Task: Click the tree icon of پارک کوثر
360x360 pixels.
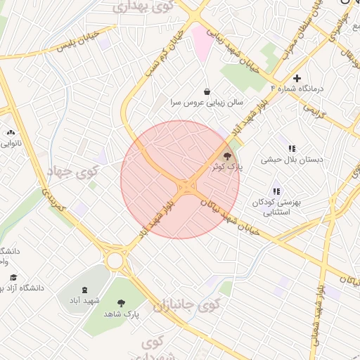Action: tap(227, 155)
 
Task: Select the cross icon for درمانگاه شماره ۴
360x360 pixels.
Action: tap(297, 78)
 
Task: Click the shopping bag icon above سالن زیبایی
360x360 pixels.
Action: tap(207, 91)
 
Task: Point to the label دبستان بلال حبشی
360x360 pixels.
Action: tap(292, 160)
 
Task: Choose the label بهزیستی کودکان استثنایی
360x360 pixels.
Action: tap(277, 207)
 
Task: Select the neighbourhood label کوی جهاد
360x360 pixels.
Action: tap(74, 172)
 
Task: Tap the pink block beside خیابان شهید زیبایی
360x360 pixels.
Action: tap(202, 43)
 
